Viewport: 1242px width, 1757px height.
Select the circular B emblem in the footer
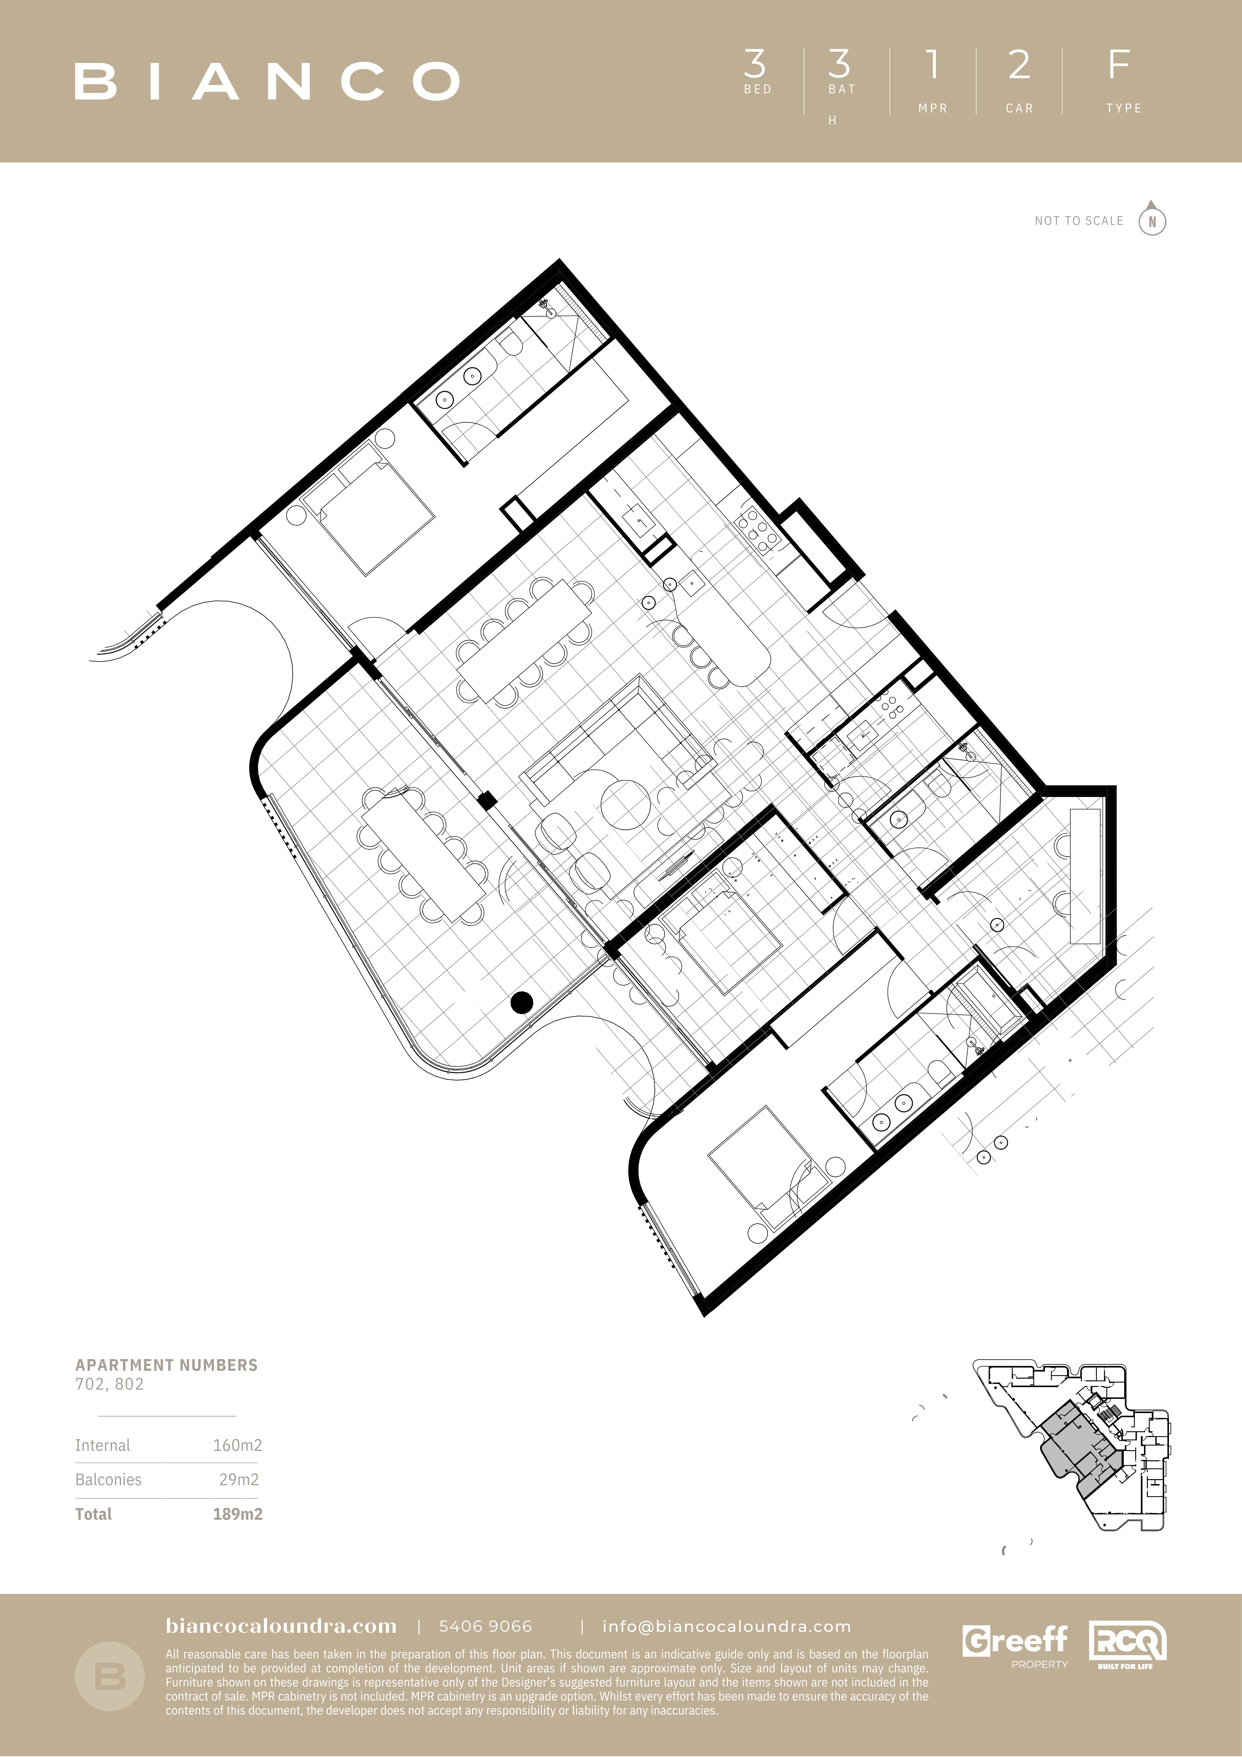[x=110, y=1677]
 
